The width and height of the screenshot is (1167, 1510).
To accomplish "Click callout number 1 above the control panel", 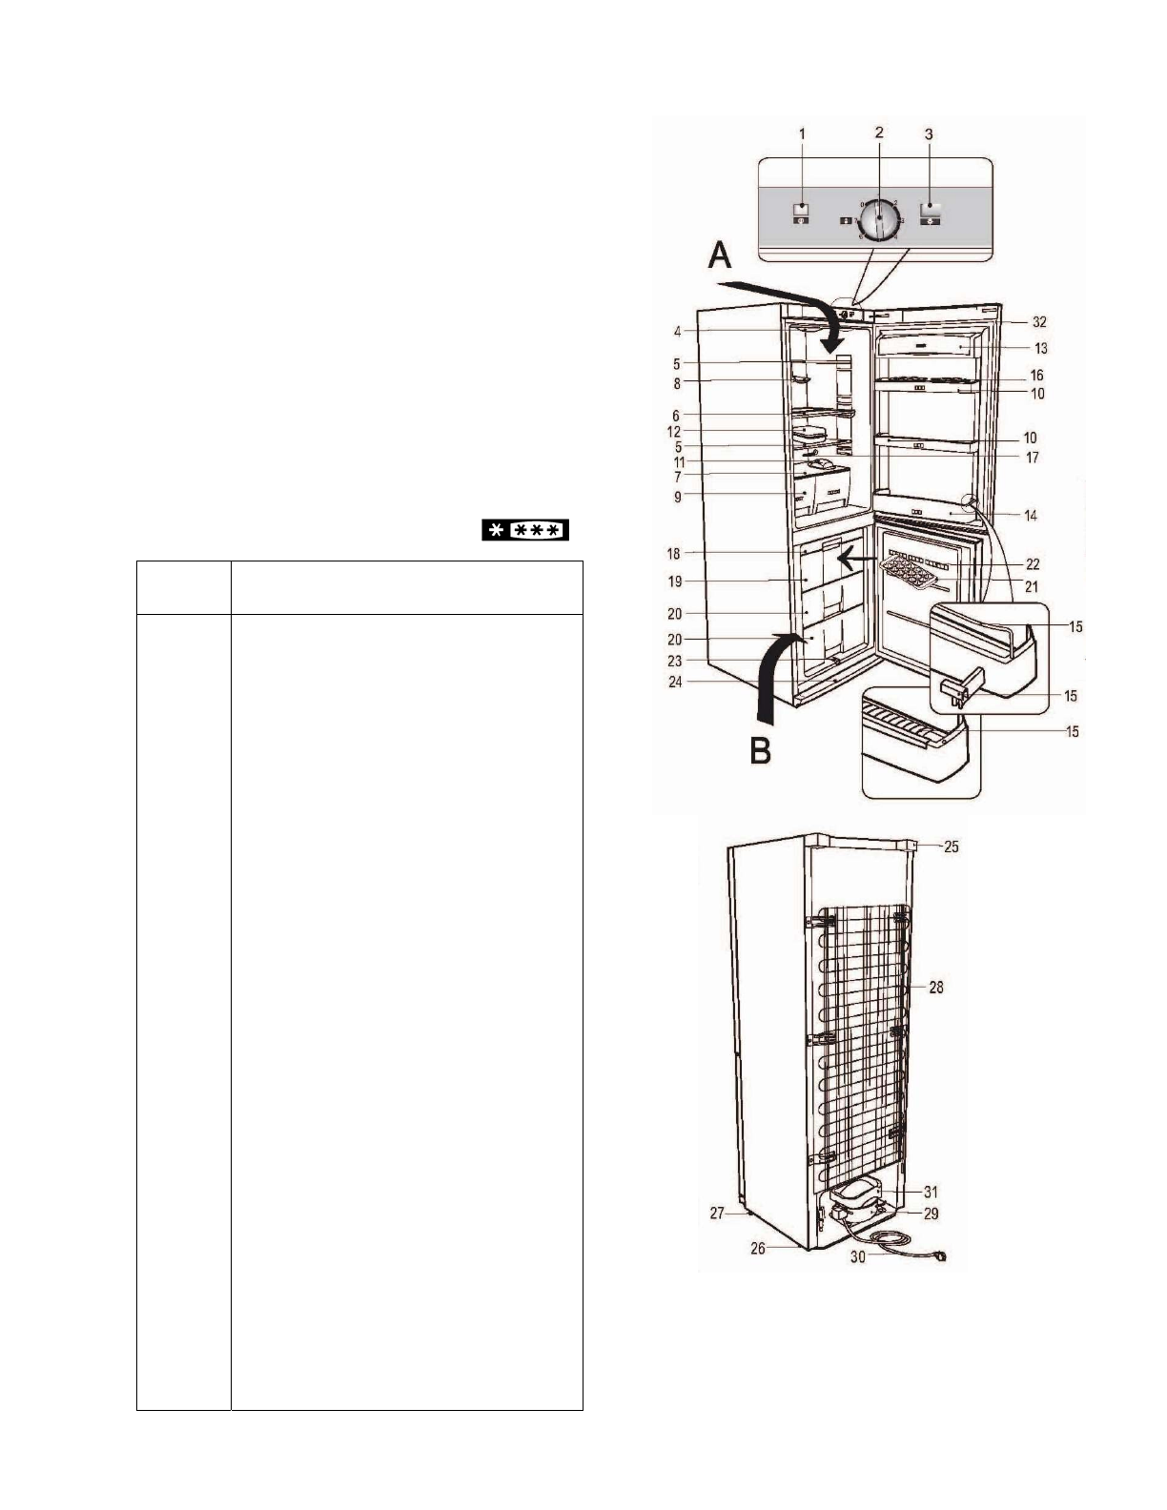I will click(802, 134).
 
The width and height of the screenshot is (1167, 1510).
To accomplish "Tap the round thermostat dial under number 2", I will click(879, 218).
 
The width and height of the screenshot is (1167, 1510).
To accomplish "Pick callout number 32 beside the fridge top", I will click(1039, 322).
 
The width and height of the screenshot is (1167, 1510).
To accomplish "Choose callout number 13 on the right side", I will click(1040, 349).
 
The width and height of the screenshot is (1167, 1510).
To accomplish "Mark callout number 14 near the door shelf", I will click(1031, 516).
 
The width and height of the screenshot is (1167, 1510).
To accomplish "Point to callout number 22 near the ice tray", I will click(1032, 564).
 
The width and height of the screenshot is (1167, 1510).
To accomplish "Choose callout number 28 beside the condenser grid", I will click(936, 988).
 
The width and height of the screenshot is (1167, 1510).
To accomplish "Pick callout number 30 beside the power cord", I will click(858, 1257).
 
